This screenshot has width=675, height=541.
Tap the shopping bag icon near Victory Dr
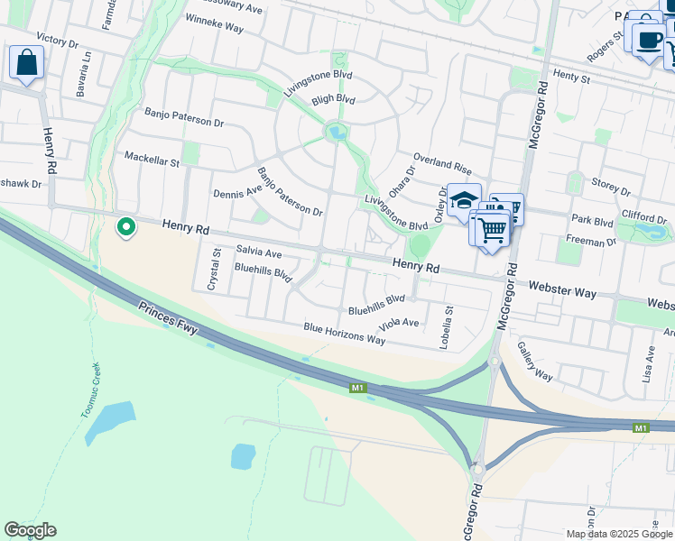27,63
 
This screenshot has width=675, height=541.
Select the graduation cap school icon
464,201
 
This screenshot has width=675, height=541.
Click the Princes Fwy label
168,318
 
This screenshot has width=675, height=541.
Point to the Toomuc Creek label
93,390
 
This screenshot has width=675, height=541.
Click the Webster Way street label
563,289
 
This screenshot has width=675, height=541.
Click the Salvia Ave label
259,253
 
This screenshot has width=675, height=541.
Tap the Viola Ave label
400,323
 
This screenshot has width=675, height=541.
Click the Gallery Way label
535,361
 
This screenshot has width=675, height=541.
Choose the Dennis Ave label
237,191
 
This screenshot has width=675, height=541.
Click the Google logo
30,530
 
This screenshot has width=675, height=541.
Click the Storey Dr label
611,187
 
